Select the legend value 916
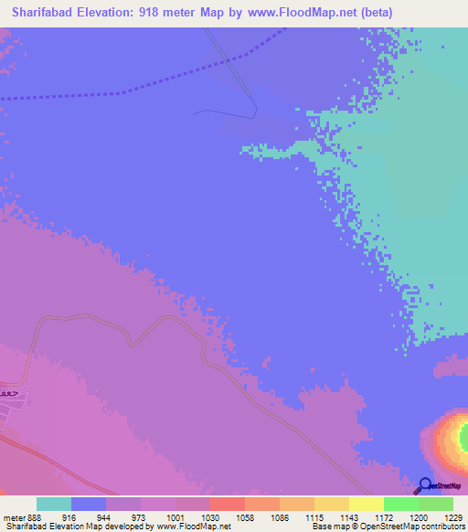tap(81, 517)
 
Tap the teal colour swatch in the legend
tap(54, 504)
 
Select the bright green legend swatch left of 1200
tap(400, 504)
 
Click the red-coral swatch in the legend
tap(227, 504)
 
